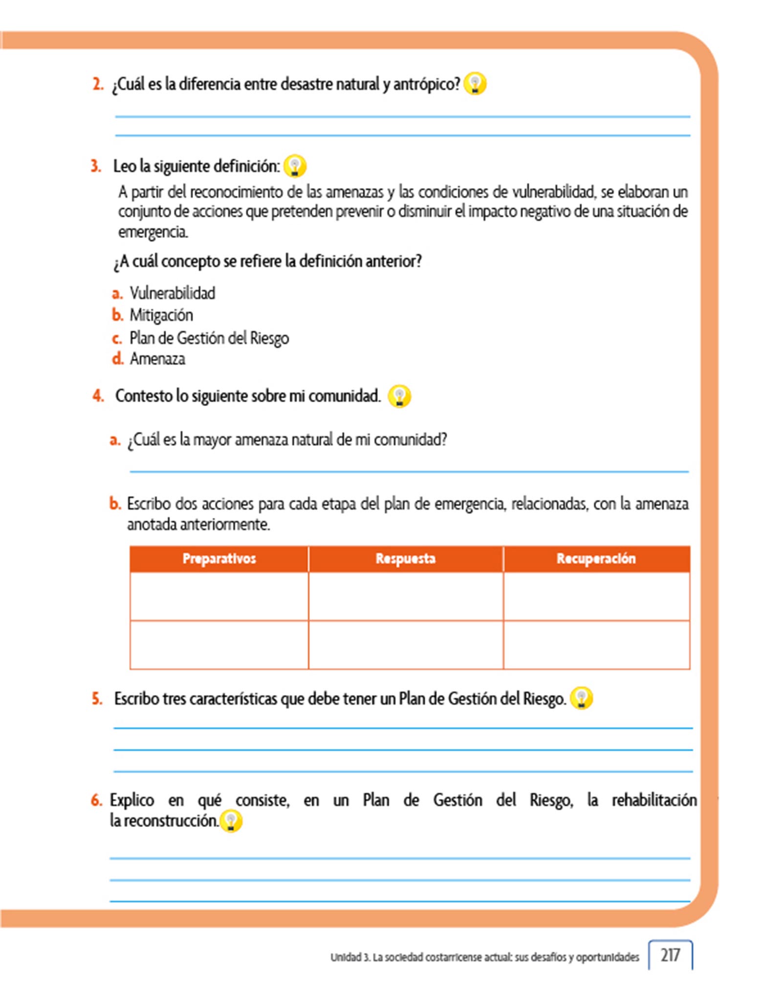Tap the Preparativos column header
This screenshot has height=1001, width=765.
pyautogui.click(x=219, y=559)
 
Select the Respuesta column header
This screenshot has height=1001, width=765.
pyautogui.click(x=405, y=559)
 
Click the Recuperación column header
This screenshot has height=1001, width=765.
pyautogui.click(x=596, y=559)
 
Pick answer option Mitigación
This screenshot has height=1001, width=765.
pyautogui.click(x=161, y=315)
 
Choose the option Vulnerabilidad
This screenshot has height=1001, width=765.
pyautogui.click(x=172, y=293)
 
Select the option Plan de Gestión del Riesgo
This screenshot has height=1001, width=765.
pyautogui.click(x=209, y=338)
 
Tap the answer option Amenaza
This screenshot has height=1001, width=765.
pyautogui.click(x=157, y=359)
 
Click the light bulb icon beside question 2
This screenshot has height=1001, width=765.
pyautogui.click(x=475, y=84)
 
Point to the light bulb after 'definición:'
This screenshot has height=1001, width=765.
pyautogui.click(x=295, y=166)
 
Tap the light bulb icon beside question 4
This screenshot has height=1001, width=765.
pyautogui.click(x=399, y=396)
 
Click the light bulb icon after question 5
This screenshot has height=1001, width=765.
pyautogui.click(x=581, y=698)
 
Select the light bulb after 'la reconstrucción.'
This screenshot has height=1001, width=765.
pyautogui.click(x=231, y=821)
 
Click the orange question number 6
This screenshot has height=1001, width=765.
pyautogui.click(x=96, y=800)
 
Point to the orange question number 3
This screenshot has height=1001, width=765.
pyautogui.click(x=96, y=166)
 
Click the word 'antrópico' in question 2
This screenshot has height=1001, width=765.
pyautogui.click(x=427, y=85)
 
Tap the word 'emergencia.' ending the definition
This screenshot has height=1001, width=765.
pyautogui.click(x=153, y=232)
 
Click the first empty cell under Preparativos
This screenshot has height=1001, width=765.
pyautogui.click(x=219, y=596)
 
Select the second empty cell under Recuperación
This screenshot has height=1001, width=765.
pyautogui.click(x=596, y=645)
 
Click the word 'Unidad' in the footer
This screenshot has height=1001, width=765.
pyautogui.click(x=346, y=957)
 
